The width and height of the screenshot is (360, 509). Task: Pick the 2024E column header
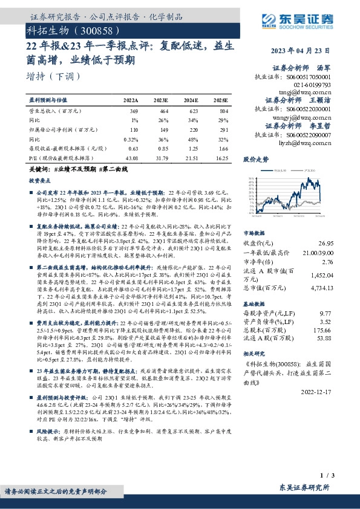[x=190, y=99]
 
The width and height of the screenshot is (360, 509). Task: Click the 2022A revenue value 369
[x=134, y=112]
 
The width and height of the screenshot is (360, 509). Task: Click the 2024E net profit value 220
[x=192, y=129]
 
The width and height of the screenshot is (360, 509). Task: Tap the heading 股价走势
[x=256, y=161]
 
